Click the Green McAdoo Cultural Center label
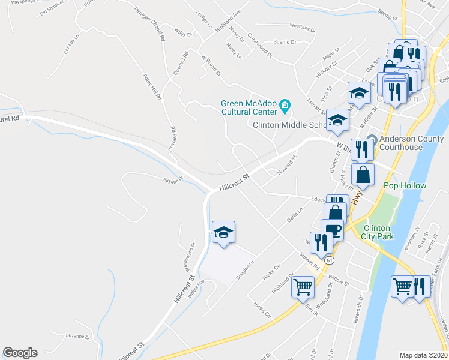click(x=247, y=107)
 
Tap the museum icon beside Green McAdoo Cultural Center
click(x=285, y=107)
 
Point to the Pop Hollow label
click(x=405, y=185)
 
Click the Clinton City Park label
click(x=376, y=233)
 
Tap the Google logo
click(x=20, y=353)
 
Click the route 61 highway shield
click(x=330, y=260)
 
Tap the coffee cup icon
click(x=332, y=230)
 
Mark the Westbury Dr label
click(x=302, y=27)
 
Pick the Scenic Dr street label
click(x=285, y=42)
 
